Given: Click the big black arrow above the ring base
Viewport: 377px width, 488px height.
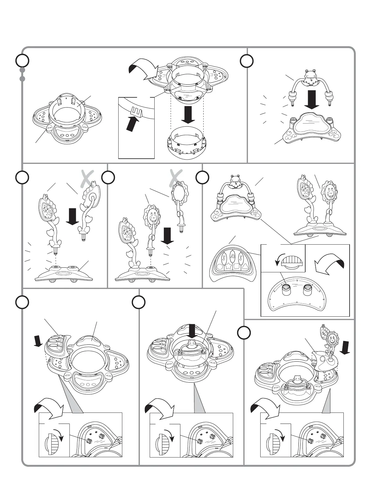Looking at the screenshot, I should tap(188, 115).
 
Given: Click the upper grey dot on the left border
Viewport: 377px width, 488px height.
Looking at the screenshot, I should tap(22, 70).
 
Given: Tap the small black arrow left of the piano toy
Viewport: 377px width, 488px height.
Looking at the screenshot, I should tap(39, 340).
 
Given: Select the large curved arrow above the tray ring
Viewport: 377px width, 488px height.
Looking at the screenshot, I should tap(143, 69).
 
